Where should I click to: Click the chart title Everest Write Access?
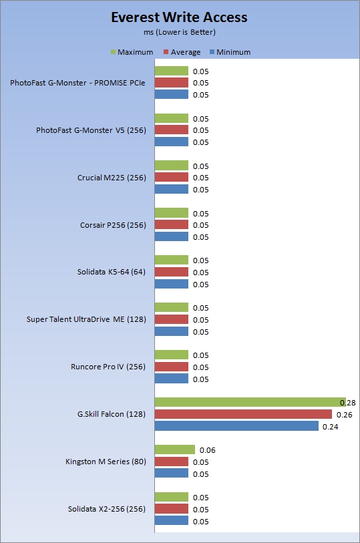pyautogui.click(x=179, y=17)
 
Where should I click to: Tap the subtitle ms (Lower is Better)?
pyautogui.click(x=180, y=32)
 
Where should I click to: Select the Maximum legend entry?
pyautogui.click(x=132, y=52)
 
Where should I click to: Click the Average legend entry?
pyautogui.click(x=182, y=52)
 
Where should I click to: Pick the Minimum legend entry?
pyautogui.click(x=230, y=52)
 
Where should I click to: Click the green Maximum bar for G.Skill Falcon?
pyautogui.click(x=250, y=402)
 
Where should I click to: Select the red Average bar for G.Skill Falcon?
pyautogui.click(x=243, y=414)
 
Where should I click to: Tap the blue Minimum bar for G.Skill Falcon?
pyautogui.click(x=236, y=426)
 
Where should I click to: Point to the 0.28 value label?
pyautogui.click(x=348, y=403)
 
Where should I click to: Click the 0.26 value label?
pyautogui.click(x=345, y=415)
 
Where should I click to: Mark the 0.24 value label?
pyautogui.click(x=330, y=427)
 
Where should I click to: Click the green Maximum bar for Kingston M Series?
pyautogui.click(x=175, y=449)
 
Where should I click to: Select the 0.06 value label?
pyautogui.click(x=207, y=450)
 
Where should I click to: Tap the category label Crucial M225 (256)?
pyautogui.click(x=112, y=178)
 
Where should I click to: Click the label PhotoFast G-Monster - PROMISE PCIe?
pyautogui.click(x=77, y=83)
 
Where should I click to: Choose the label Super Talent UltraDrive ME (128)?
pyautogui.click(x=86, y=319)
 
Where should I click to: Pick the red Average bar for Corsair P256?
pyautogui.click(x=172, y=224)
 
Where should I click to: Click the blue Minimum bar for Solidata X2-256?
pyautogui.click(x=172, y=520)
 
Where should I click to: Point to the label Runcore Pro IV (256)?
pyautogui.click(x=108, y=367)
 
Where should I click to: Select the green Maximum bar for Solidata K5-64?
pyautogui.click(x=172, y=260)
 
